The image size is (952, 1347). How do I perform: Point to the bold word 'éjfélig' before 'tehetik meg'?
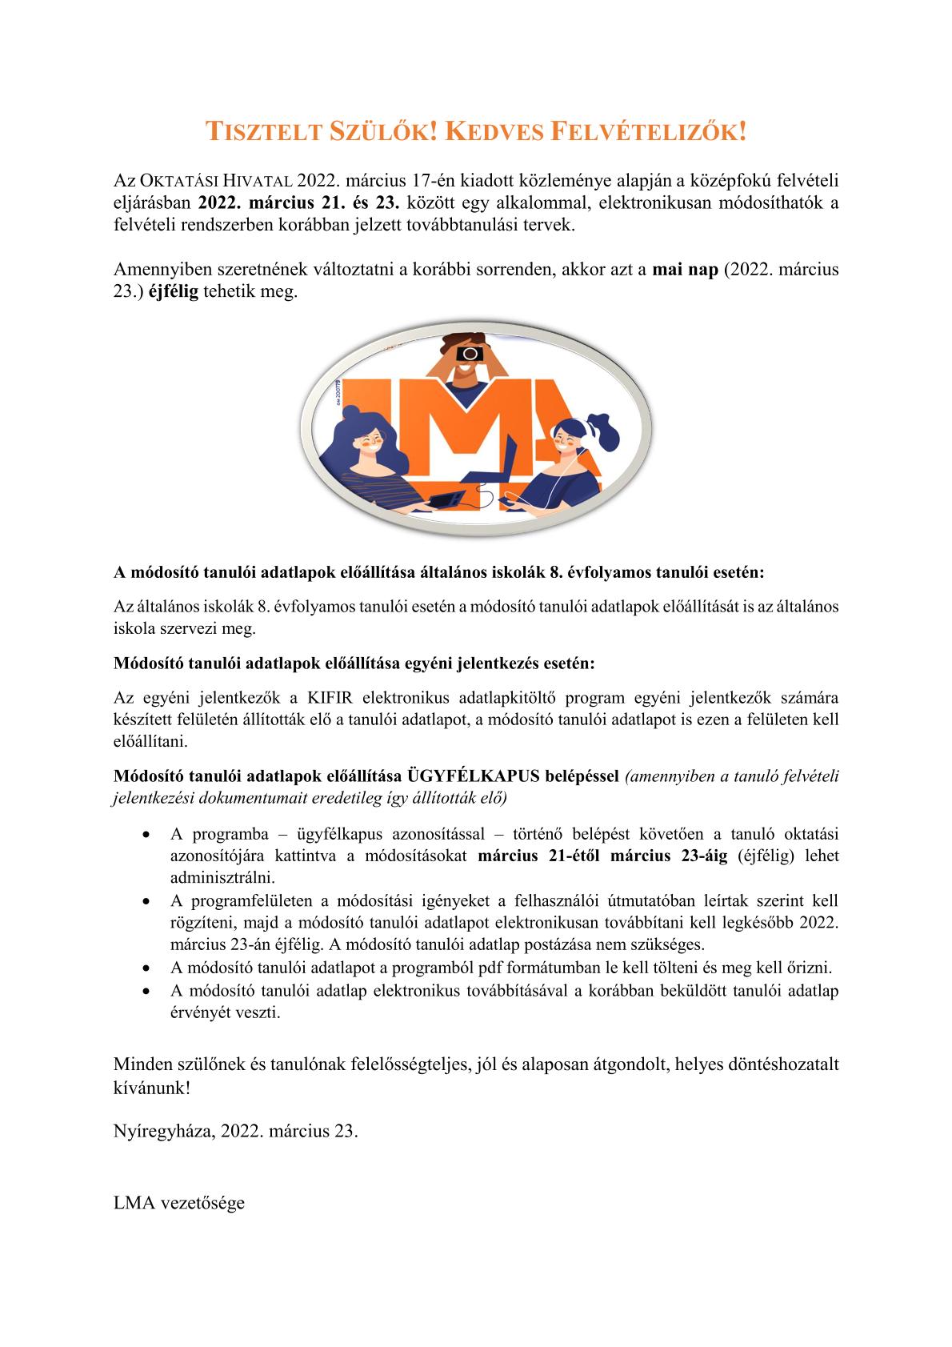coord(174,291)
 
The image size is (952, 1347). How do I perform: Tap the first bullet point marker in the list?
coord(145,835)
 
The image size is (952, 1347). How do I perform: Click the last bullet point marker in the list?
coord(145,991)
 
